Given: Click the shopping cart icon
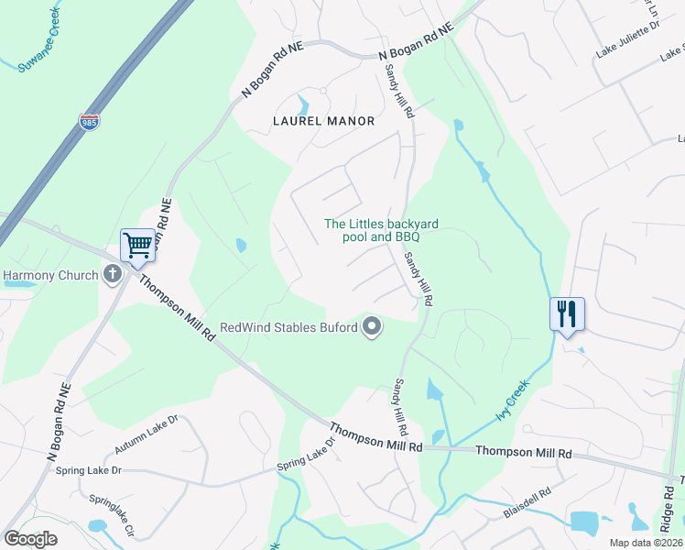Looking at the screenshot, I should (137, 245).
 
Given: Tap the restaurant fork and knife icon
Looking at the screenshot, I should (566, 313).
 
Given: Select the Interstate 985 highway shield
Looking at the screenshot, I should (89, 121).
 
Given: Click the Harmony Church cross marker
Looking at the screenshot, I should (112, 273).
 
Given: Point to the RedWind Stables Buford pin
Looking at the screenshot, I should (372, 326).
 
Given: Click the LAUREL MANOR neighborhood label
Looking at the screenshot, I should (324, 121).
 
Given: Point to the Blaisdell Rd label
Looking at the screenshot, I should (527, 503).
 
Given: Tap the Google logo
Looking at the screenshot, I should (31, 539).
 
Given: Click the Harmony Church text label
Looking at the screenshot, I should (49, 274).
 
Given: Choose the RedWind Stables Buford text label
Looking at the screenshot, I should (288, 327).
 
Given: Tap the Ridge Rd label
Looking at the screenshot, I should (667, 509).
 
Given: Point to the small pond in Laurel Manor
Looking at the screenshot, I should (303, 104).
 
